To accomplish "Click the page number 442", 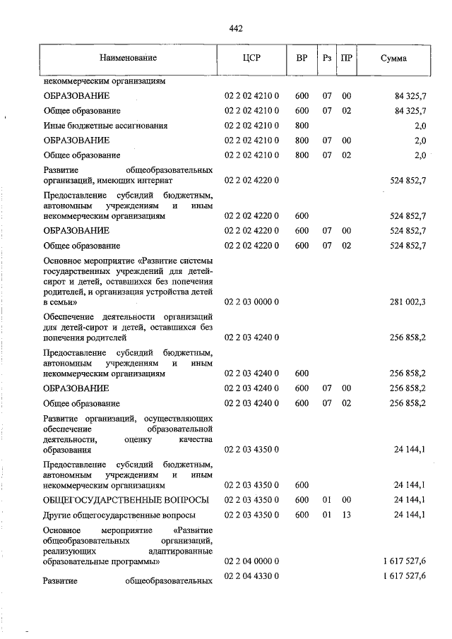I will tap(236, 29).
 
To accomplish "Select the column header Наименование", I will tap(128, 57).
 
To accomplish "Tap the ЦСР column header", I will tap(251, 57).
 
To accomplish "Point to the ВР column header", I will tap(302, 57).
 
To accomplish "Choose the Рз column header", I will tap(327, 57).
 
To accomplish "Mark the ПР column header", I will tap(346, 57).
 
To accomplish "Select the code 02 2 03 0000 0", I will tap(253, 302).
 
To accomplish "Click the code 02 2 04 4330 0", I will tap(253, 577).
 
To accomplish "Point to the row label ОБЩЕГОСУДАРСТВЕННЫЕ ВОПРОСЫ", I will tap(126, 500).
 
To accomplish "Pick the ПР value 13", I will tap(346, 515).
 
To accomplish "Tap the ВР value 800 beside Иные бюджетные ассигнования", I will tap(302, 126).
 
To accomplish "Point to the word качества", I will tap(196, 438).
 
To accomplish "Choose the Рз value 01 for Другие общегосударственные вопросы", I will tap(327, 515).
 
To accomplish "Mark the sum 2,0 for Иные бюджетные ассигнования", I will tap(420, 126).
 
